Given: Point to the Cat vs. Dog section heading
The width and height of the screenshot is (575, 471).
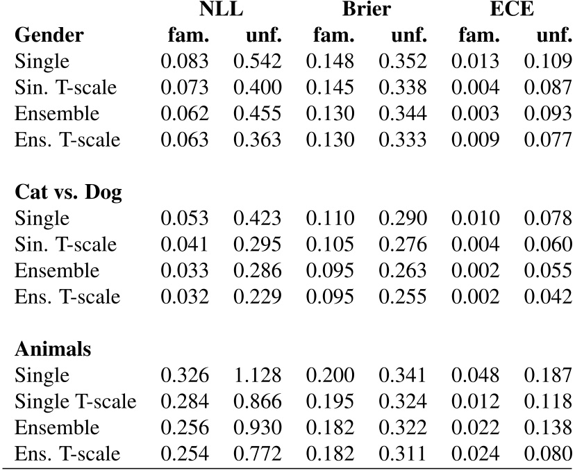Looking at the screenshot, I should (68, 192).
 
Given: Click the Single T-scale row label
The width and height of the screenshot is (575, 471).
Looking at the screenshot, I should (75, 402).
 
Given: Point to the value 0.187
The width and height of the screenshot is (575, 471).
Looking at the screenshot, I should (548, 376).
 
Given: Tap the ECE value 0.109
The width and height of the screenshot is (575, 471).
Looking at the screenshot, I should (548, 61).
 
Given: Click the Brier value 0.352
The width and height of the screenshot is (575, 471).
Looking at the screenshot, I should (402, 61).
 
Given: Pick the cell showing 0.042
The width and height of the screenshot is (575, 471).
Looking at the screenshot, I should (548, 297).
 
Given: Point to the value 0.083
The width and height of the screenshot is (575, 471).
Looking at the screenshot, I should (185, 61).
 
